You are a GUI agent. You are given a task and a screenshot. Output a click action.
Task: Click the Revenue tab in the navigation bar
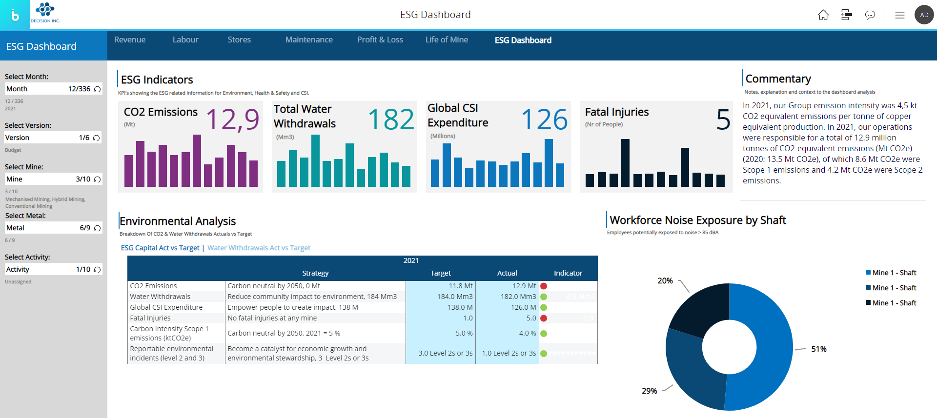click(130, 40)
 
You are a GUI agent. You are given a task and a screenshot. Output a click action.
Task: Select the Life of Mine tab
click(447, 40)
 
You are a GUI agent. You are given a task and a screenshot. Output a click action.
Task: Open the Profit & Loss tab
click(380, 40)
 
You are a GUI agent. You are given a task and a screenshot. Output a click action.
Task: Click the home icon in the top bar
click(823, 15)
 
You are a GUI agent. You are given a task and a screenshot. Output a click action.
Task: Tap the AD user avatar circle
click(924, 15)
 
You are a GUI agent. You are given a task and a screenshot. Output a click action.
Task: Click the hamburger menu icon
click(899, 15)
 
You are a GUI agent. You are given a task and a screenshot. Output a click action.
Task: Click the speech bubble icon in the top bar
click(870, 15)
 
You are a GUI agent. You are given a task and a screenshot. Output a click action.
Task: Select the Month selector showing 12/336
click(53, 89)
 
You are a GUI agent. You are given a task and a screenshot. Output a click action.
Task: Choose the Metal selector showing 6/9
click(53, 228)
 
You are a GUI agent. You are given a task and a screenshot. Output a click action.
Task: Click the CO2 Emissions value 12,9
click(232, 119)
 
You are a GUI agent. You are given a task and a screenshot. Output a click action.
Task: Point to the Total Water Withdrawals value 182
click(391, 119)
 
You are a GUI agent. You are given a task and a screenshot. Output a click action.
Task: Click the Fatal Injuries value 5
click(723, 119)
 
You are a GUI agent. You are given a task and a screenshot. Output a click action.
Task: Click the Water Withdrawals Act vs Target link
click(259, 248)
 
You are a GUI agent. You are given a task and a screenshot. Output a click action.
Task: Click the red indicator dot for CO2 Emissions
click(544, 286)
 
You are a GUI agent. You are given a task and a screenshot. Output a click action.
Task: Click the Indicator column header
click(568, 273)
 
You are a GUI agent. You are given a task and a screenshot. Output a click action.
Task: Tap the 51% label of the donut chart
click(818, 349)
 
